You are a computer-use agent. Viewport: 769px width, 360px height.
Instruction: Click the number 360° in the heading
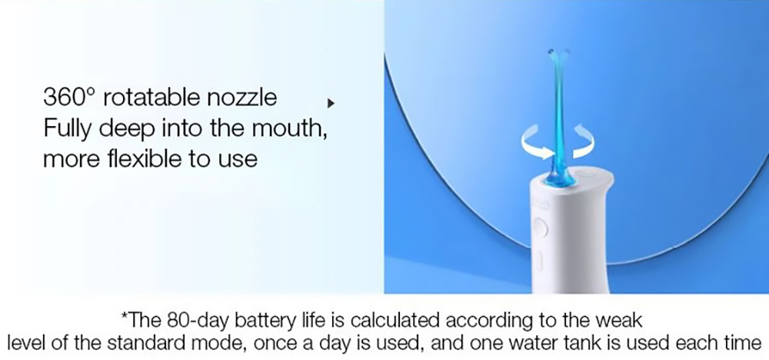[69, 98]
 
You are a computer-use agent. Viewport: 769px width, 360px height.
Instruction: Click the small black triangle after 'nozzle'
[331, 102]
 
